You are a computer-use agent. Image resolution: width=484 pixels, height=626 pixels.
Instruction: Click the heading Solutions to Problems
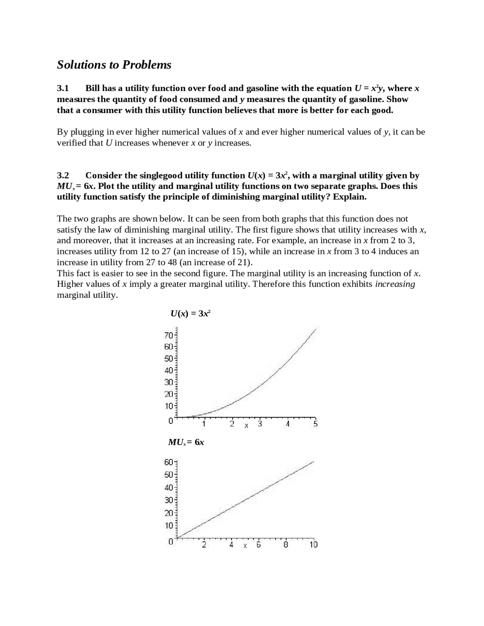click(114, 65)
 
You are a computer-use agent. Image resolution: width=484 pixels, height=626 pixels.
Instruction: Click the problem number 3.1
click(63, 88)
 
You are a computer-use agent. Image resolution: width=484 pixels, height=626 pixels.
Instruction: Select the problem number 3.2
click(63, 175)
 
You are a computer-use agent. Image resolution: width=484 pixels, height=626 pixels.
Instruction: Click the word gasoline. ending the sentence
click(389, 99)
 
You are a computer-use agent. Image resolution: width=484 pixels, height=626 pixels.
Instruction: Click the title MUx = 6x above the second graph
click(186, 442)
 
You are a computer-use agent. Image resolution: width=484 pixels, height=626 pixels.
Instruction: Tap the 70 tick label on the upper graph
click(169, 335)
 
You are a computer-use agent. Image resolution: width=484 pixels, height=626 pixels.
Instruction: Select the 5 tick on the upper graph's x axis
click(316, 424)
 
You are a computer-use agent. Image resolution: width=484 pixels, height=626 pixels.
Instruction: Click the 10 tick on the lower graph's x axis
click(313, 545)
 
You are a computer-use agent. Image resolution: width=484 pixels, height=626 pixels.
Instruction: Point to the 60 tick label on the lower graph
click(169, 462)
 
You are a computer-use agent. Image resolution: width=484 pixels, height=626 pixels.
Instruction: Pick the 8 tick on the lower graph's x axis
click(286, 545)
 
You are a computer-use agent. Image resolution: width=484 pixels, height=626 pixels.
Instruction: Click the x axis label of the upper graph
click(246, 426)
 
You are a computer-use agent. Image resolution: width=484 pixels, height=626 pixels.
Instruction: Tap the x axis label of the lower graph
click(245, 546)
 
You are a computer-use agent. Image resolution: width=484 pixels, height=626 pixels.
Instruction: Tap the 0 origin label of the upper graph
click(171, 421)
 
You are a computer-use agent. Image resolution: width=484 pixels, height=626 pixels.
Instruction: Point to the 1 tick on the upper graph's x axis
click(204, 424)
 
